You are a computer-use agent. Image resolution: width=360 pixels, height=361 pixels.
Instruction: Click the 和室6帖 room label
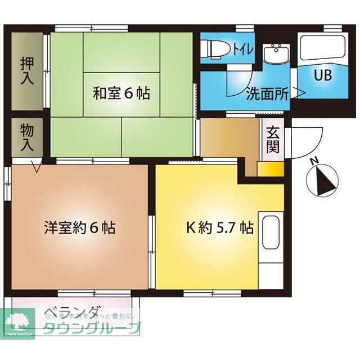click(x=121, y=93)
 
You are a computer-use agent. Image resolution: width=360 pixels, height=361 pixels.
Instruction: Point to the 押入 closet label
click(x=27, y=70)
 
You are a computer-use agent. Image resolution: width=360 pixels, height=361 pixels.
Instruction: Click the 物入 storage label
click(x=27, y=137)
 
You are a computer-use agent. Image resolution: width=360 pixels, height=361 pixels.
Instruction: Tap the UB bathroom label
click(x=322, y=75)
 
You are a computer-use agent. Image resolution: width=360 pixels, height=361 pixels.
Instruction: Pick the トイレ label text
click(x=241, y=50)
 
